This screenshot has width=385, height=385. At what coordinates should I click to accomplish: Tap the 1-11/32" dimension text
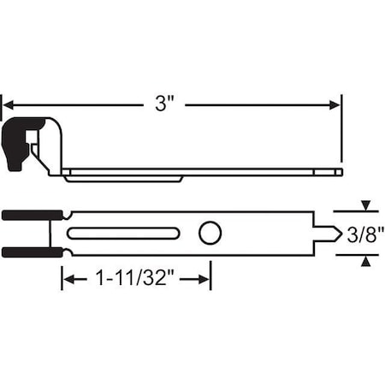[136, 280]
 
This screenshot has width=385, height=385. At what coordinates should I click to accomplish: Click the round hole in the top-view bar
[210, 233]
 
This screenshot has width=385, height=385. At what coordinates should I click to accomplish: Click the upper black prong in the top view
[30, 215]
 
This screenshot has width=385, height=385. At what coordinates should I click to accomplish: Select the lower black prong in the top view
[30, 252]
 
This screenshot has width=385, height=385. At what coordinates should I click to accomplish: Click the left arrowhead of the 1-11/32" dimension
[68, 280]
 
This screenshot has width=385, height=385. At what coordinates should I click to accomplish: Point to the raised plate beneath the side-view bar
[124, 178]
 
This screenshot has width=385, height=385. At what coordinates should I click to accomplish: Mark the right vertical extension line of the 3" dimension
[341, 128]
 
